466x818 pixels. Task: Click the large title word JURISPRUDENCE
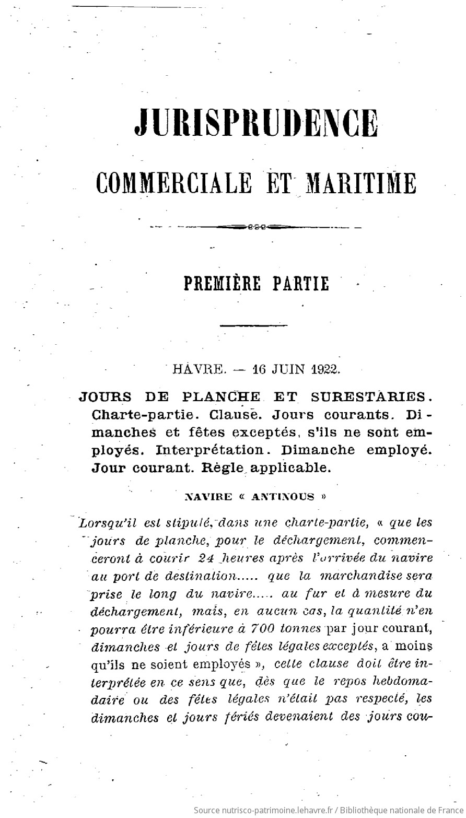(x=256, y=123)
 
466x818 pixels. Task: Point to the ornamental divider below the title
(x=256, y=227)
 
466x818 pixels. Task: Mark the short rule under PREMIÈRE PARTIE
(x=254, y=326)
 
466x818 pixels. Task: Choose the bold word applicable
(x=290, y=468)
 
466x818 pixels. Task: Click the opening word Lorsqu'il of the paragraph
(x=104, y=522)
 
